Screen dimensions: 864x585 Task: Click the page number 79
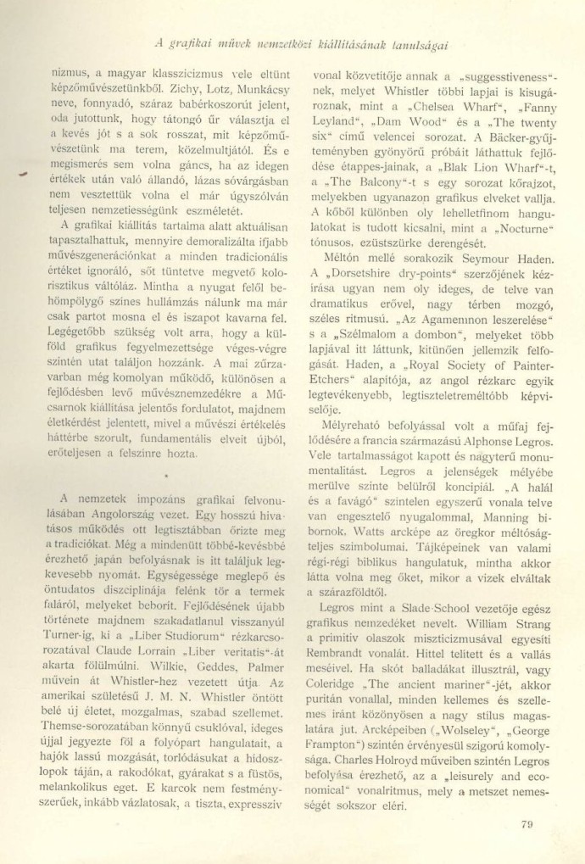point(524,821)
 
